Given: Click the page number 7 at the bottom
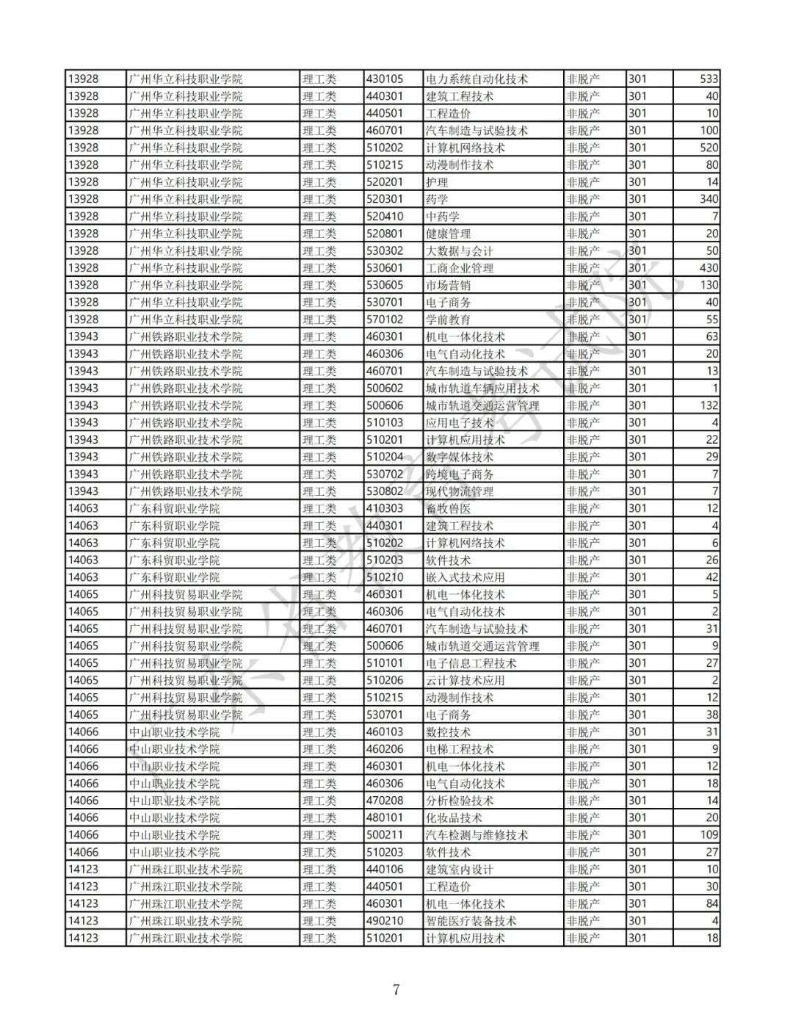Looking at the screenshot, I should [x=396, y=989].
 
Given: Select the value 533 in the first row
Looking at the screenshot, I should [x=709, y=79].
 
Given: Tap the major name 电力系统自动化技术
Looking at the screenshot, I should [x=477, y=79].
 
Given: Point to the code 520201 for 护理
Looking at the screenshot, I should [x=385, y=182].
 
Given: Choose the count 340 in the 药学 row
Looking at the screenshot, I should [x=709, y=199].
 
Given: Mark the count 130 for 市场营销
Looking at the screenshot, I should [x=709, y=285].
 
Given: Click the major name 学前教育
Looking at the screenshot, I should [x=448, y=319].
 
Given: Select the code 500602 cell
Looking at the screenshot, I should [x=385, y=388].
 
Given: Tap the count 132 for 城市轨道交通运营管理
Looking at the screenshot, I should [x=709, y=405].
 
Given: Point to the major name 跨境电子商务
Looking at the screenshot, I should [x=460, y=474].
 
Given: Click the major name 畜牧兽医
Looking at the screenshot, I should [x=448, y=508].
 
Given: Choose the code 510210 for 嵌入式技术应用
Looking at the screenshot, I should [x=385, y=577].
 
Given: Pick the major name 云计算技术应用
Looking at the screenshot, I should [x=465, y=680].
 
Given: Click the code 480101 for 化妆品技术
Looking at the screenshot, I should [x=385, y=817].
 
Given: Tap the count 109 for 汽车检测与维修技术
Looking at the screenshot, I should [x=709, y=835].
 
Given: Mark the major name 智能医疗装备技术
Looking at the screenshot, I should [x=471, y=921].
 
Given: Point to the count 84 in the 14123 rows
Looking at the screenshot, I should [x=711, y=903].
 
